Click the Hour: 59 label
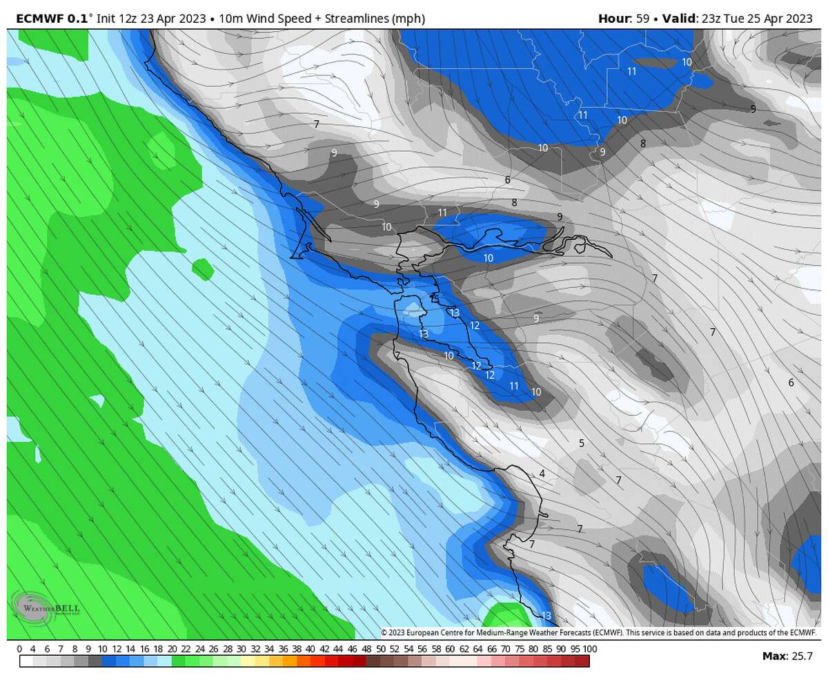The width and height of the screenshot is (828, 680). coord(624,19)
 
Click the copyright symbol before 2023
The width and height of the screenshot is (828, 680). coord(383,632)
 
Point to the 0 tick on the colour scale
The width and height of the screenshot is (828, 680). coord(19,649)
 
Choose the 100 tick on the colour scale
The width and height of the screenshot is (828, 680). coord(589,649)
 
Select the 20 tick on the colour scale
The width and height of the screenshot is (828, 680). coord(172,649)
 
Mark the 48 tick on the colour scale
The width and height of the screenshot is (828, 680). coord(366,649)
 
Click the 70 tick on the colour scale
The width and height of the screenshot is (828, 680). coord(506,649)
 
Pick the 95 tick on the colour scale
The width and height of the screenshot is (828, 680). coord(575,649)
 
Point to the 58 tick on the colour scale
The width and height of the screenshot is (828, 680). coord(435,649)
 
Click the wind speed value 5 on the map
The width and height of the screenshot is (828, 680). coord(582,443)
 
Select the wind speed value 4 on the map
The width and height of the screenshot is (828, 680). coord(542,474)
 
